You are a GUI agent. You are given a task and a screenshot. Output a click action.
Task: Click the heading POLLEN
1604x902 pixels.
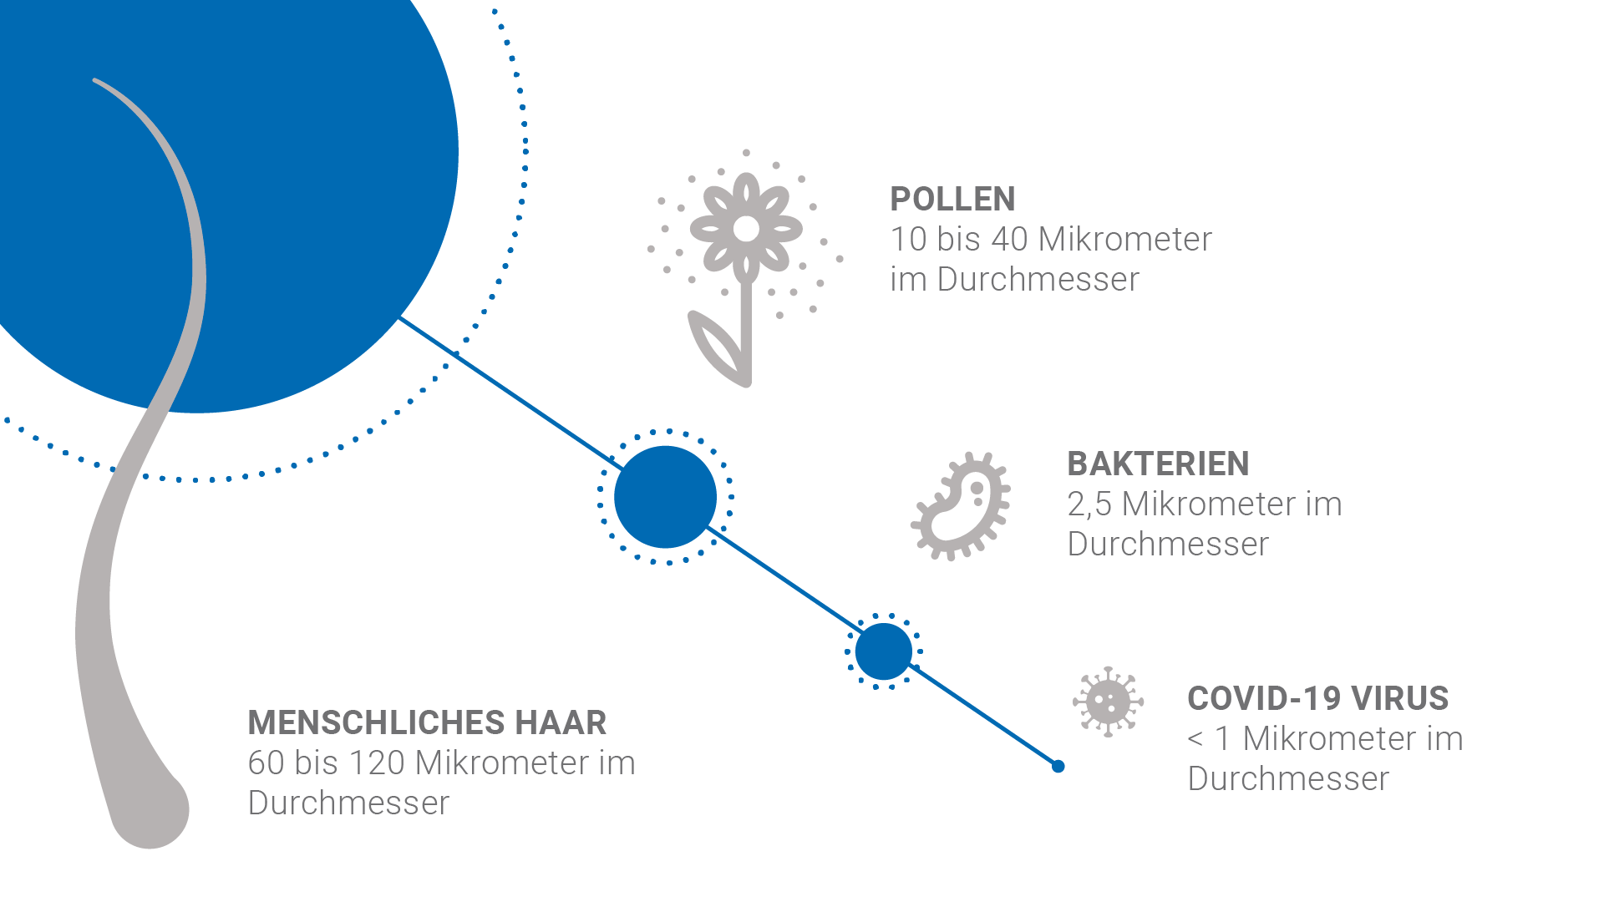coord(952,199)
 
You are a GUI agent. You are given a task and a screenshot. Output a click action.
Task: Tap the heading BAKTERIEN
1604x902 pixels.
coord(1158,464)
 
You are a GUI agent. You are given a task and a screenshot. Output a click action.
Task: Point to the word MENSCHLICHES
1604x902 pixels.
coord(376,722)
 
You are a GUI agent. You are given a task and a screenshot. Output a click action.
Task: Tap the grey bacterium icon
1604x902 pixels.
coord(961,506)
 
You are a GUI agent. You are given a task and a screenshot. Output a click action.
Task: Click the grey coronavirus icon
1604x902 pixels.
coord(1109,702)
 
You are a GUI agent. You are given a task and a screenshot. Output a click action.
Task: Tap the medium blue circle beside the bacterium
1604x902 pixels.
coord(666,497)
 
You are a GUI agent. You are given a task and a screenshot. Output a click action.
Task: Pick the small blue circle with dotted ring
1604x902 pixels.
coord(884,651)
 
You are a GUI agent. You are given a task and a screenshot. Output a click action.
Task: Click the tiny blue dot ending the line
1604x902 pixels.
coord(1058,766)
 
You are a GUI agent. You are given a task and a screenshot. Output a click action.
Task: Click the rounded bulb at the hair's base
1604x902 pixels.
coord(151,810)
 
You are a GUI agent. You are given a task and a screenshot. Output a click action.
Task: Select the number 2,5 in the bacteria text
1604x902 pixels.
coord(1089,504)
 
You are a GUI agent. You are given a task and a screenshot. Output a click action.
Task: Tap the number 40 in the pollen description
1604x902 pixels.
coord(1009,240)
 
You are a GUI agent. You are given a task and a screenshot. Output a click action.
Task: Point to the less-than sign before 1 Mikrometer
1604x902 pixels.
coord(1195,739)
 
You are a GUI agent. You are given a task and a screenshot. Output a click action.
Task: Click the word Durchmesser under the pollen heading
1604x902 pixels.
coord(1038,280)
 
